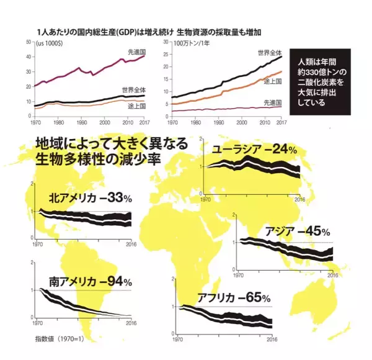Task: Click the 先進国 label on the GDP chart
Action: [136, 52]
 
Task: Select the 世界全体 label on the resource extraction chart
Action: [270, 53]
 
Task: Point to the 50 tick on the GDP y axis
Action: [29, 42]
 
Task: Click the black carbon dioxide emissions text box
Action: [324, 83]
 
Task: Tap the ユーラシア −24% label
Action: [255, 150]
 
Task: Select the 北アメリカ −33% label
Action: [91, 199]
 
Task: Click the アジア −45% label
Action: [298, 231]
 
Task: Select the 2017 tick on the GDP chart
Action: [144, 123]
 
